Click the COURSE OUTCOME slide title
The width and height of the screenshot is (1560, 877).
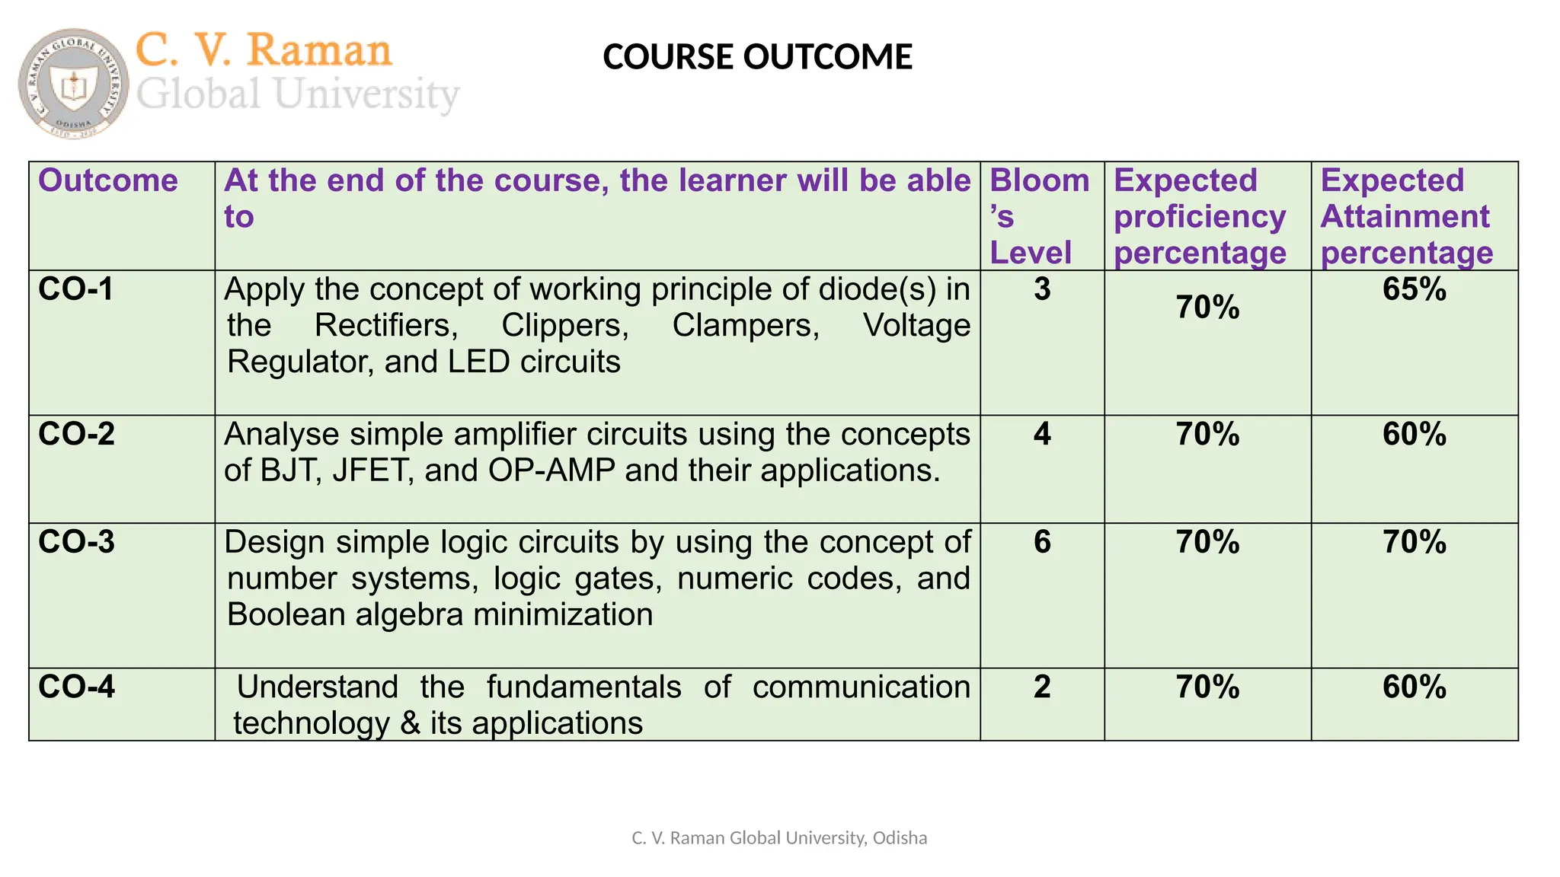pyautogui.click(x=757, y=57)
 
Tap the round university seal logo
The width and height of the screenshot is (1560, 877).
pyautogui.click(x=73, y=84)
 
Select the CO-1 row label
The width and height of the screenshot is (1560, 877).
pyautogui.click(x=76, y=289)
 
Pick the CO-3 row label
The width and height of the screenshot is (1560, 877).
pyautogui.click(x=76, y=542)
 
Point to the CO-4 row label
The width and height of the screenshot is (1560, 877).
pyautogui.click(x=76, y=687)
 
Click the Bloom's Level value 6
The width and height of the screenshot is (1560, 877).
pyautogui.click(x=1042, y=542)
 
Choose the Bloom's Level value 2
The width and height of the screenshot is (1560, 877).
pyautogui.click(x=1042, y=687)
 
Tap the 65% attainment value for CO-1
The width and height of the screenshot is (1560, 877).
pyautogui.click(x=1415, y=289)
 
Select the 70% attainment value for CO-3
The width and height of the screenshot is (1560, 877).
pyautogui.click(x=1415, y=542)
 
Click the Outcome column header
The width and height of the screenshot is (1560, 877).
pyautogui.click(x=108, y=181)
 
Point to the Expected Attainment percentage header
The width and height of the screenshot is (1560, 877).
pyautogui.click(x=1406, y=216)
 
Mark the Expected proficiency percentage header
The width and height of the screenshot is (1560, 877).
pyautogui.click(x=1200, y=216)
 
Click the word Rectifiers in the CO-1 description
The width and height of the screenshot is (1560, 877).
pyautogui.click(x=386, y=326)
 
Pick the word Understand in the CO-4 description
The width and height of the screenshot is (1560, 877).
pyautogui.click(x=318, y=687)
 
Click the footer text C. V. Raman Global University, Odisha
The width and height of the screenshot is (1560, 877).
pyautogui.click(x=779, y=838)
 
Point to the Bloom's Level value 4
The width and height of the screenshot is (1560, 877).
pyautogui.click(x=1042, y=434)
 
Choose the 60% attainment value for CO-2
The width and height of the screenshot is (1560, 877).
pyautogui.click(x=1415, y=434)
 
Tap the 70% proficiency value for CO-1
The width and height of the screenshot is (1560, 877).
pyautogui.click(x=1207, y=308)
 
